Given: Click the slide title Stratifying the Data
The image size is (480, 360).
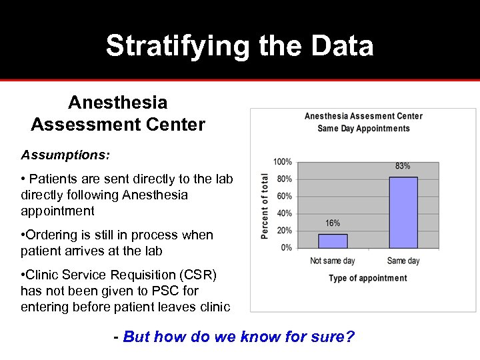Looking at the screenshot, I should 239,46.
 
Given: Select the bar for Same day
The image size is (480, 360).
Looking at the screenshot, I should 403,212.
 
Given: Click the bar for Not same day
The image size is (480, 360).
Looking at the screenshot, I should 333,241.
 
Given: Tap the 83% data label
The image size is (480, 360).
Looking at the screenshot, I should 403,166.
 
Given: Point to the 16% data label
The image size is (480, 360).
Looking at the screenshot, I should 333,223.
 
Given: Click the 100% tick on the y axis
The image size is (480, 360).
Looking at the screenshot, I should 282,162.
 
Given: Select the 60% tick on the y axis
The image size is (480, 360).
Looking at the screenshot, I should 284,197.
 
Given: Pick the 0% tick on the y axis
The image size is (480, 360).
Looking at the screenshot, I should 286,248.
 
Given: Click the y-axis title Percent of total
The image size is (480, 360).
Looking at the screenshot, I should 265,206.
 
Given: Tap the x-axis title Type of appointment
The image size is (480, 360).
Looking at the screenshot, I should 367,278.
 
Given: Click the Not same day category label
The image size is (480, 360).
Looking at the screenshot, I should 333,261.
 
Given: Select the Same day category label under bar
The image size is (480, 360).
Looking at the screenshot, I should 403,261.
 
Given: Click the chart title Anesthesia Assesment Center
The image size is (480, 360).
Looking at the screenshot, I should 363,116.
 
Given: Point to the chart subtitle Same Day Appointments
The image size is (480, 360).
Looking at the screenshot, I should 363,128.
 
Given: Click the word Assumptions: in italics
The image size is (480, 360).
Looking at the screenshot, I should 65,155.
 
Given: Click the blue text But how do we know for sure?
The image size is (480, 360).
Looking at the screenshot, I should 239,337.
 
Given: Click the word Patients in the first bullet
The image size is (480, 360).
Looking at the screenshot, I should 53,179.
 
